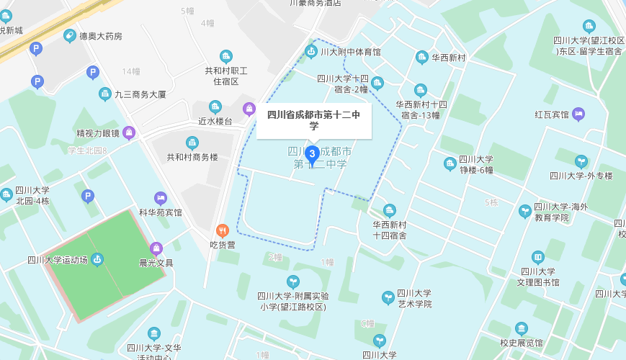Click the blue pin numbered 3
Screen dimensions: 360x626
(313, 153)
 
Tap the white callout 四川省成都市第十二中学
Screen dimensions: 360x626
(314, 120)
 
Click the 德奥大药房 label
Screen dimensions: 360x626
(100, 36)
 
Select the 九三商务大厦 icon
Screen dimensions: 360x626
(105, 94)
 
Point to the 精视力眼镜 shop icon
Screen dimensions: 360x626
(129, 132)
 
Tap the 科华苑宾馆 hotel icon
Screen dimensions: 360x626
(161, 198)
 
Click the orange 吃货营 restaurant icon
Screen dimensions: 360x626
(223, 230)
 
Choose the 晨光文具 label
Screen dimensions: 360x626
(156, 263)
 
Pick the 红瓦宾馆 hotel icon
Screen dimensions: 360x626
(578, 114)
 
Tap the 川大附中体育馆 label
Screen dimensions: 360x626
(350, 52)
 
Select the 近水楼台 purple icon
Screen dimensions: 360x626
(249, 109)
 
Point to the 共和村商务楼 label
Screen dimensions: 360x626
(192, 157)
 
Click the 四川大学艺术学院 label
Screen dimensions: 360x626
(413, 299)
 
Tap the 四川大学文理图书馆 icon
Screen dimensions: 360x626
(538, 257)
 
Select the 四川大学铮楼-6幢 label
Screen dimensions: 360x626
(476, 165)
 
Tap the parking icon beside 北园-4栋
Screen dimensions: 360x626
(88, 196)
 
